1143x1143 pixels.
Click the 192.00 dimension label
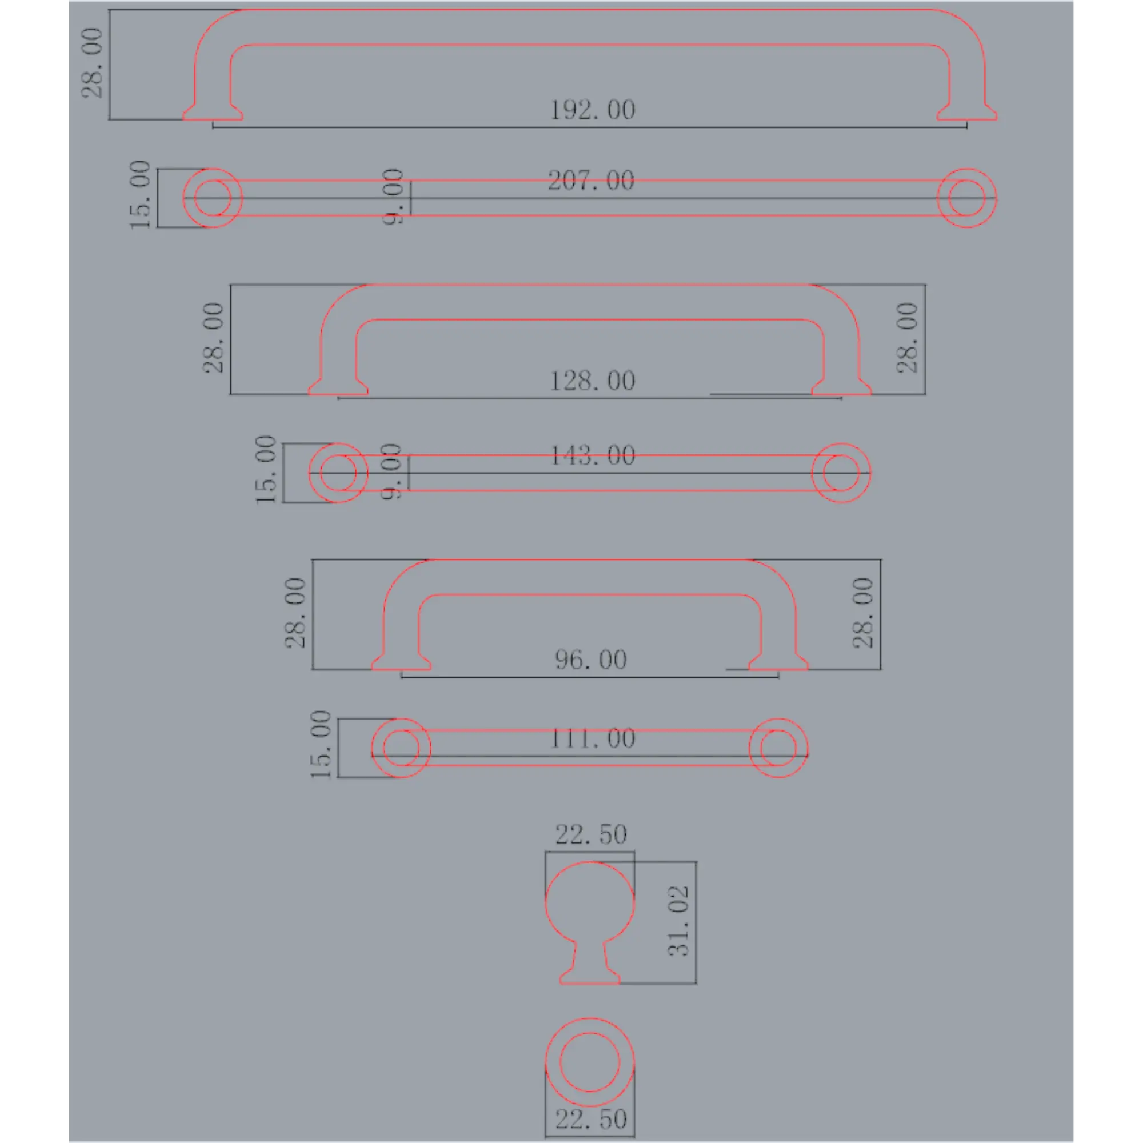click(592, 110)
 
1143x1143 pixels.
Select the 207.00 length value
click(591, 181)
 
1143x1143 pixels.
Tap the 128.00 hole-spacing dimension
click(592, 381)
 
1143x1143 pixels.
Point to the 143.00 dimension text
click(592, 455)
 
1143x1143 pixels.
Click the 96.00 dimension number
click(590, 660)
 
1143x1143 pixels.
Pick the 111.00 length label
click(592, 738)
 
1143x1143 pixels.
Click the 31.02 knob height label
click(678, 921)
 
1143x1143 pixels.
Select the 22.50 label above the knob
click(590, 834)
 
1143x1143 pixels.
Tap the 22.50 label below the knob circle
click(590, 1120)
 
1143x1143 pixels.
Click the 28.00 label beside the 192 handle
click(91, 63)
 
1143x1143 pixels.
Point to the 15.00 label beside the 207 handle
click(140, 195)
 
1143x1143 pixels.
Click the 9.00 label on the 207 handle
click(393, 197)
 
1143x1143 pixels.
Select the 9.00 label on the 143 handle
click(391, 472)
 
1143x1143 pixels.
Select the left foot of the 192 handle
click(213, 113)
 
